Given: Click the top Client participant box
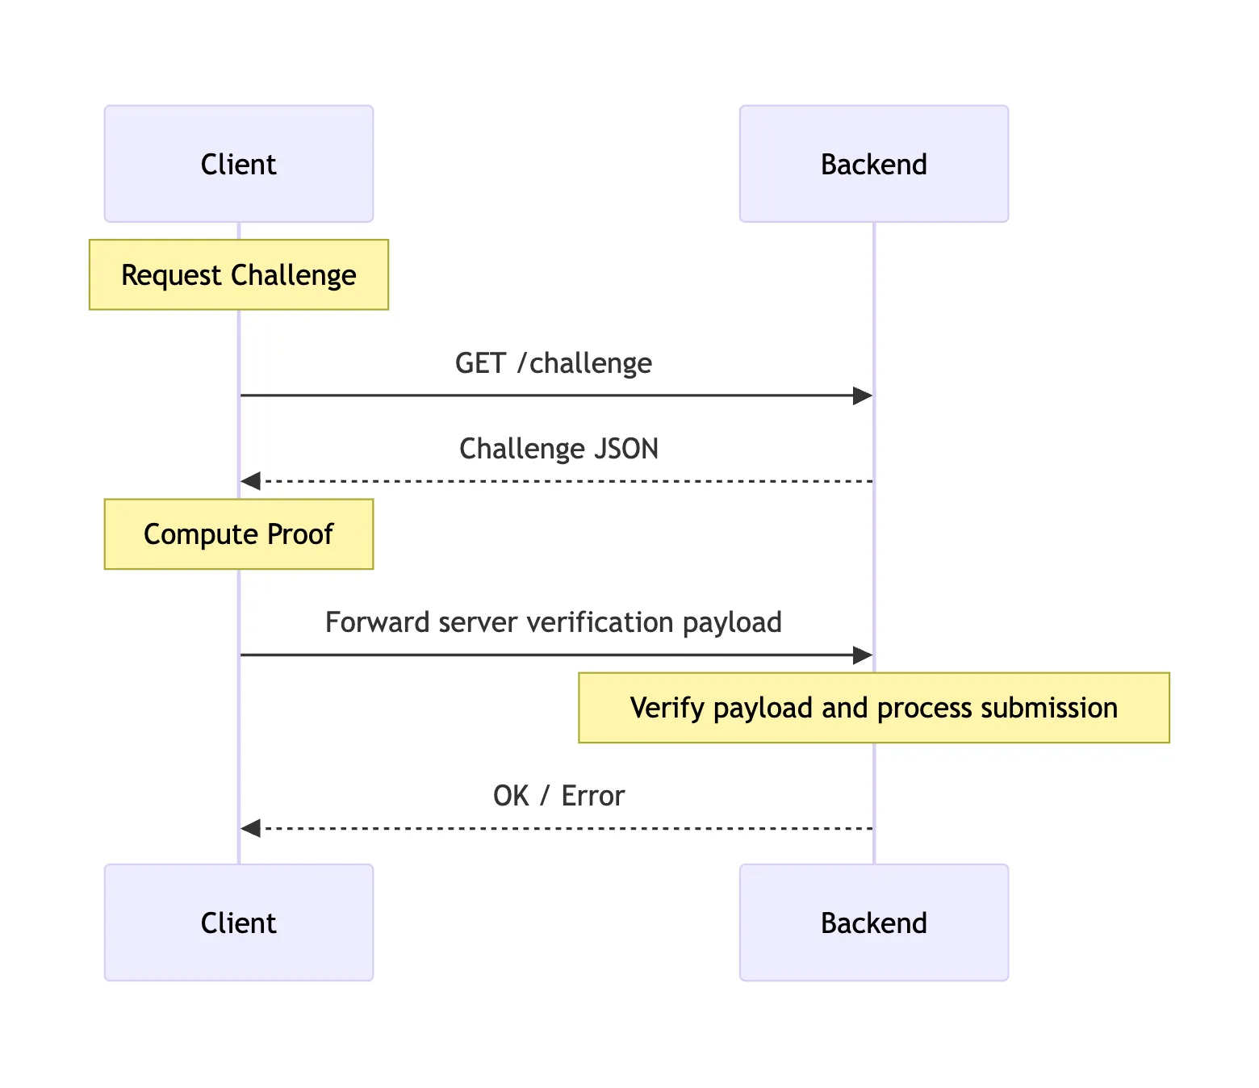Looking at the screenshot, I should (x=238, y=164).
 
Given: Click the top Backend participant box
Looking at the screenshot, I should (x=873, y=164).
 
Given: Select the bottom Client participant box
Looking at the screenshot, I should (x=238, y=923).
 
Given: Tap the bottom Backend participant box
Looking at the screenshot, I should (x=873, y=923).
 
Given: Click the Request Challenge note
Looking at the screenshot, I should (x=238, y=274).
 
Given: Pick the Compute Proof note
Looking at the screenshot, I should (x=238, y=534).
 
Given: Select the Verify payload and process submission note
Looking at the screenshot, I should (x=873, y=708).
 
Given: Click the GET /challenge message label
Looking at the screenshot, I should (x=553, y=363).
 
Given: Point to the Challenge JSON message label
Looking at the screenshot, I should (x=558, y=449).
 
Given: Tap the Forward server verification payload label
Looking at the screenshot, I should (x=553, y=622).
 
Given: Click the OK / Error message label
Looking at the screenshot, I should (x=558, y=796).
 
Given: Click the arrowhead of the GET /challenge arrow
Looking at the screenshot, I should (x=863, y=395).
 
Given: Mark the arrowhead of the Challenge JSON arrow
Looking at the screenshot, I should (x=251, y=481).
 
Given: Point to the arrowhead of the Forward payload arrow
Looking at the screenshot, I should (x=863, y=655).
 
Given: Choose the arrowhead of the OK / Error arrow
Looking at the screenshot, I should (x=251, y=828).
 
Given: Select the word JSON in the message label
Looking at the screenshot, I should (x=626, y=449).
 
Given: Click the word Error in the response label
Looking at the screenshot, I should (x=592, y=796).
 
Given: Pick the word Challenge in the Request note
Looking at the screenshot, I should (x=293, y=275).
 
